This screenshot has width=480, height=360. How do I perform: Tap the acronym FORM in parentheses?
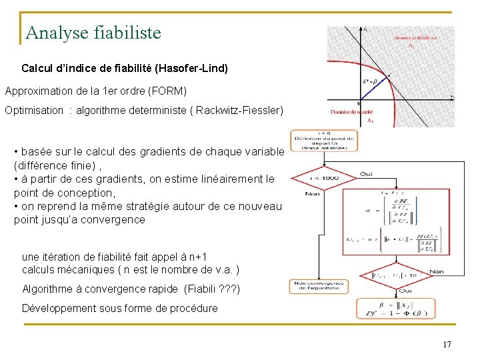point(171,91)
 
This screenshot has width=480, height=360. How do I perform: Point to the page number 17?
point(447,345)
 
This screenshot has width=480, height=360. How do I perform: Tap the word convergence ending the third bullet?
point(113,219)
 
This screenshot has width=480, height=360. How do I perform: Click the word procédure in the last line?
point(190,308)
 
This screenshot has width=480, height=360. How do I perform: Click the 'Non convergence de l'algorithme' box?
point(319,285)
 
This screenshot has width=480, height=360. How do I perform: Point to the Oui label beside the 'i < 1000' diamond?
point(366,173)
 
